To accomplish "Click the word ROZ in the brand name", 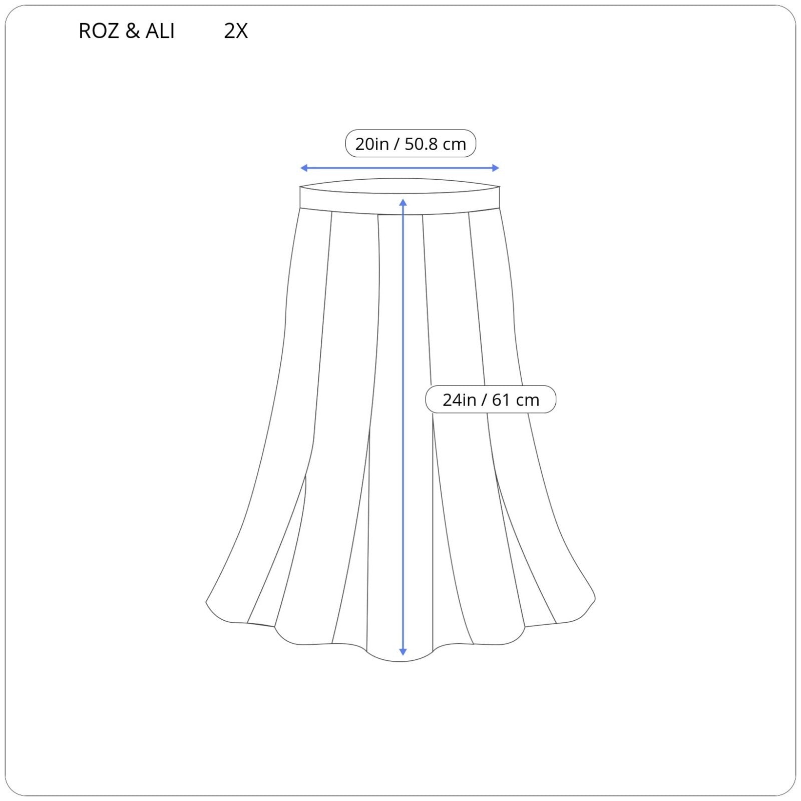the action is [x=99, y=31].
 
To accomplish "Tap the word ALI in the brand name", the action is [x=160, y=31].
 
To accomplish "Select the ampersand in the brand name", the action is [x=132, y=31].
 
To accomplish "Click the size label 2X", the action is [x=236, y=31].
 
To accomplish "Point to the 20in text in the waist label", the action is [x=372, y=144].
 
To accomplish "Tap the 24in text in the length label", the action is [x=459, y=400].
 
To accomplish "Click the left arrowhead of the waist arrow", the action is [x=303, y=168].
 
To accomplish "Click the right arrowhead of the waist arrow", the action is [x=496, y=168].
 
